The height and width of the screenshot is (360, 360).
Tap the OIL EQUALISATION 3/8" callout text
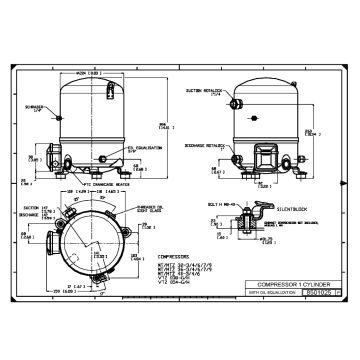(x=148, y=149)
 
